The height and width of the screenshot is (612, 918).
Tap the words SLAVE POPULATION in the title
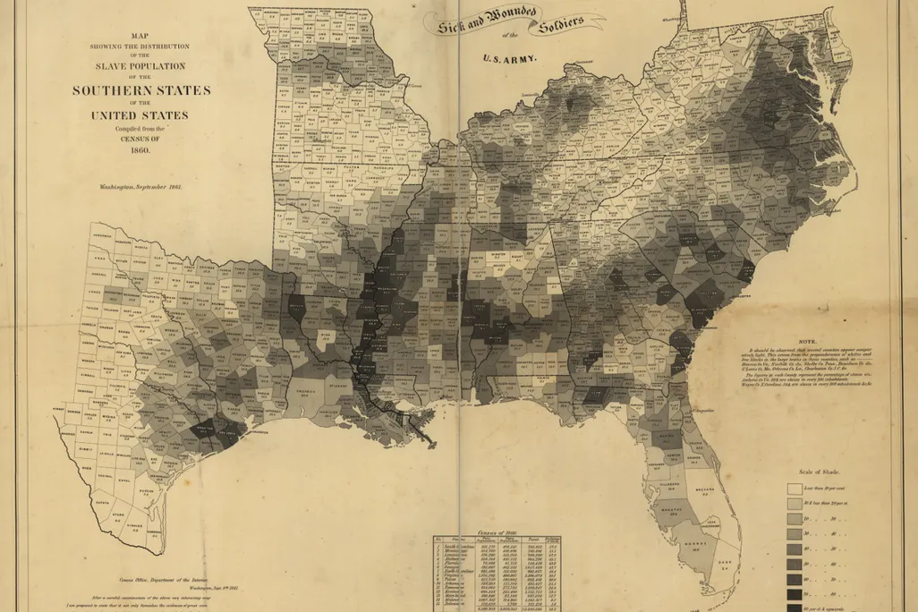141,66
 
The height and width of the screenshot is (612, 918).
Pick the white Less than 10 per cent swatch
794,489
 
